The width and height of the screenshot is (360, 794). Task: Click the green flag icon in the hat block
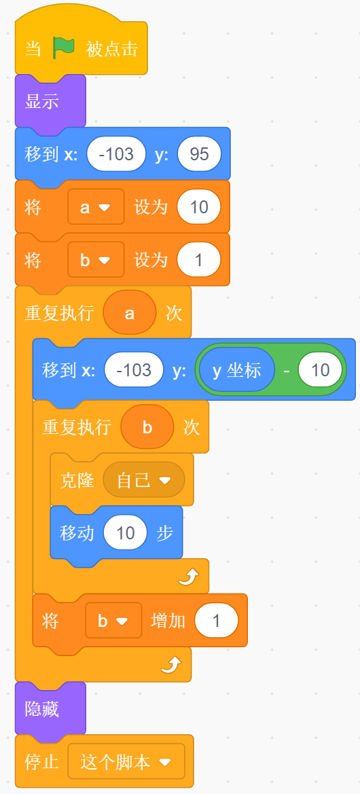click(x=64, y=49)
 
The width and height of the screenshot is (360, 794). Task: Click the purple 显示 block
click(x=50, y=101)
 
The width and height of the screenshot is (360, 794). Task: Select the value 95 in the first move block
click(x=200, y=154)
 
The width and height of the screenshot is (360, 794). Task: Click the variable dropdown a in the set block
click(x=96, y=206)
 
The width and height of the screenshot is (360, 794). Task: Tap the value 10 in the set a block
click(x=199, y=206)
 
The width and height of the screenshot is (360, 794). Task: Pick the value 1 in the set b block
click(x=199, y=259)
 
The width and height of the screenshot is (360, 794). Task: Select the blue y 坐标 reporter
click(x=237, y=370)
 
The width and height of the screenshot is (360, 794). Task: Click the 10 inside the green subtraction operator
click(x=320, y=370)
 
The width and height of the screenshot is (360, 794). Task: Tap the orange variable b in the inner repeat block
click(x=147, y=427)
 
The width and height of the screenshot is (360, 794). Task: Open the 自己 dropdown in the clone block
click(x=144, y=480)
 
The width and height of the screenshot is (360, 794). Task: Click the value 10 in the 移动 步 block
click(x=125, y=533)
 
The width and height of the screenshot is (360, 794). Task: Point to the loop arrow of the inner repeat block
click(x=190, y=576)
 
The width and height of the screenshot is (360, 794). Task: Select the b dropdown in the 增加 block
click(x=113, y=620)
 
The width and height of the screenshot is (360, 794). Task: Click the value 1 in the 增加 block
click(x=216, y=620)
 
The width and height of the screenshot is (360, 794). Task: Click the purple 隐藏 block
click(x=50, y=708)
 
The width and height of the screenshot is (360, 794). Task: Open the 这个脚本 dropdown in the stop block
click(x=126, y=761)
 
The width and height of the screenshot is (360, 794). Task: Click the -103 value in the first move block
click(x=116, y=154)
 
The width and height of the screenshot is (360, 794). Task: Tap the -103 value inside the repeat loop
click(x=134, y=370)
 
